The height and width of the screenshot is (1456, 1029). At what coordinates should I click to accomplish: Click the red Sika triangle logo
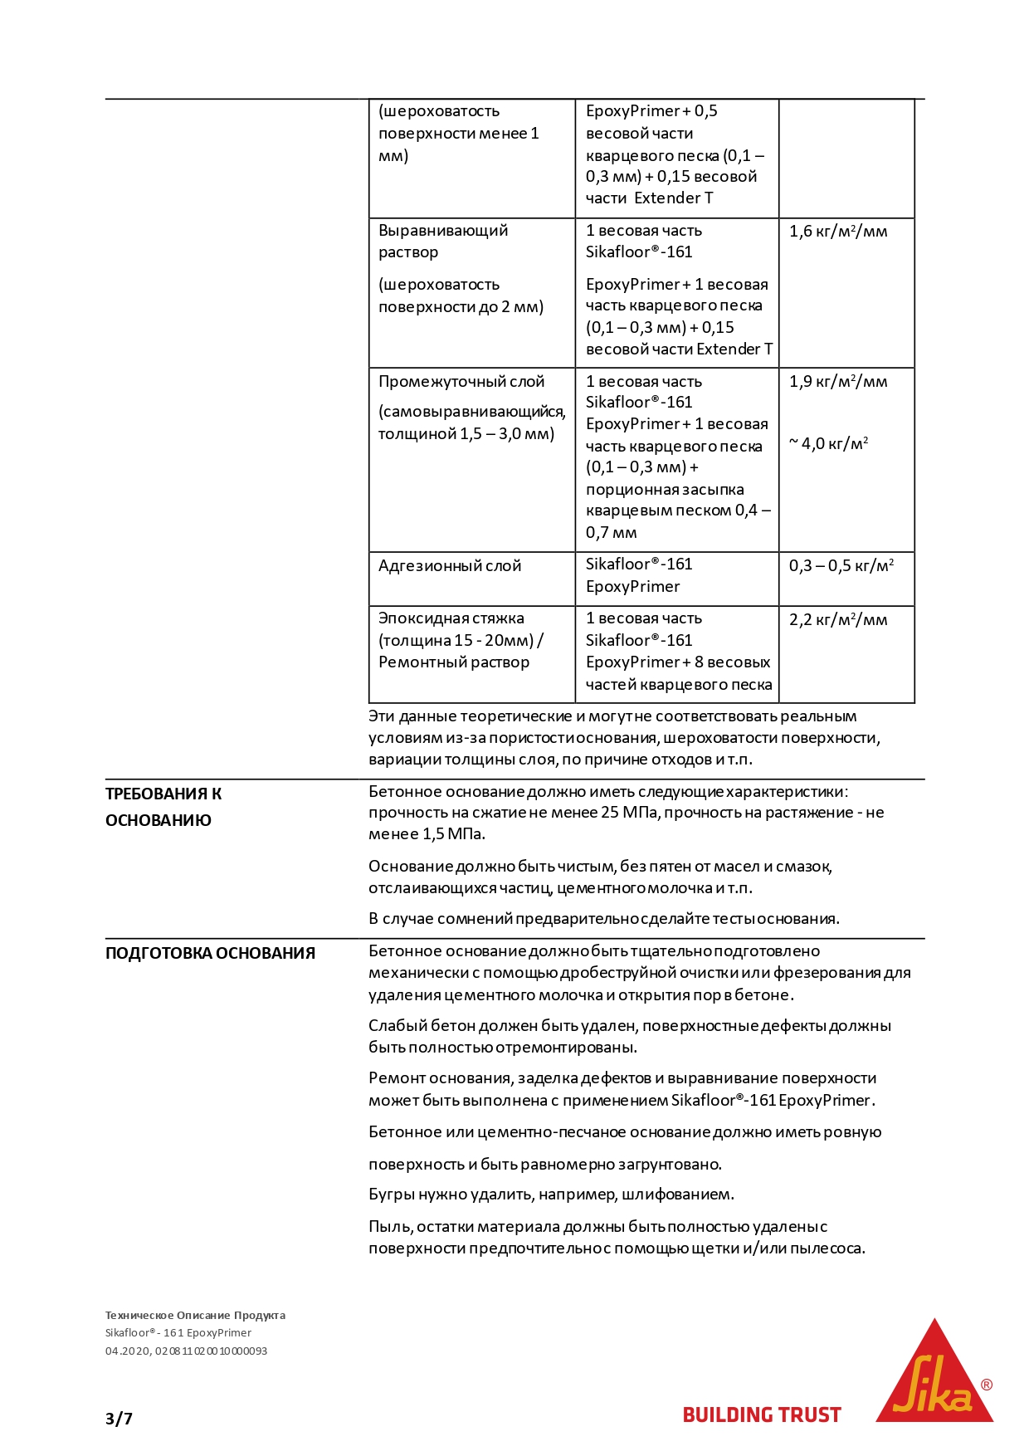click(934, 1375)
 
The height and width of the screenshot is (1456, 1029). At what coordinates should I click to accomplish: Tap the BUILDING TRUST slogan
click(761, 1415)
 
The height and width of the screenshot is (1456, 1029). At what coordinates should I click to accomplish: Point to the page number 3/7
click(119, 1419)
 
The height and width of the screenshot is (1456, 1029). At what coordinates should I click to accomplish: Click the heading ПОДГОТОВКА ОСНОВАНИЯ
click(210, 953)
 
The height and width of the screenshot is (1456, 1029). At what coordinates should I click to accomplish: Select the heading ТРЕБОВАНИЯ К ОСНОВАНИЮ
click(163, 807)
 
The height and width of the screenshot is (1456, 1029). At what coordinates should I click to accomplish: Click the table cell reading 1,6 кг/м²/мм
click(838, 232)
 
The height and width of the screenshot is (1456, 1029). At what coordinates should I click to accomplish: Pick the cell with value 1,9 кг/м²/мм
click(838, 382)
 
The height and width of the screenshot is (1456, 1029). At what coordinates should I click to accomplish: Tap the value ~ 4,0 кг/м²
click(828, 443)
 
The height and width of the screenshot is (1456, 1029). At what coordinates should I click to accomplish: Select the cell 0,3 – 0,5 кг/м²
click(841, 566)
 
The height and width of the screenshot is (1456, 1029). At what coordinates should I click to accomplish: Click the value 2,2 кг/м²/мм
click(838, 619)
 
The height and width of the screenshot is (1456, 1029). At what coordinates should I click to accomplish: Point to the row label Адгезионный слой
click(450, 566)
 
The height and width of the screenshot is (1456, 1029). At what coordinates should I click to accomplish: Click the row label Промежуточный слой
click(461, 382)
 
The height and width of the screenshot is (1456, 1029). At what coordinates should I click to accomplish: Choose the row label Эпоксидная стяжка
click(451, 618)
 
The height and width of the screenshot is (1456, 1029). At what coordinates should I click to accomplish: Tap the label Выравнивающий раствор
click(443, 241)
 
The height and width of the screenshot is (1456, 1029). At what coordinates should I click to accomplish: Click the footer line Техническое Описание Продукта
click(195, 1315)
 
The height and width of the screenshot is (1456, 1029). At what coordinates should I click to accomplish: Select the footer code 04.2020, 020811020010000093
click(186, 1351)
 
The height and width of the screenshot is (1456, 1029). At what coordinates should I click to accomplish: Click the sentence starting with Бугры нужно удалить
click(551, 1195)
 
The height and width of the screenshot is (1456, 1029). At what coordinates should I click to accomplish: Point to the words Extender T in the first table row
click(673, 198)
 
